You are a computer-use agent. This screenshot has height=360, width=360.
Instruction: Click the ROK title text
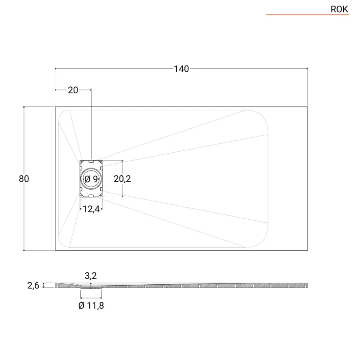tap(339, 9)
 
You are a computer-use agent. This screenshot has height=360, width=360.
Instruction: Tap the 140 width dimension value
tap(181, 69)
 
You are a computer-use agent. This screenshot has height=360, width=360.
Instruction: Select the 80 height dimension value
tap(24, 179)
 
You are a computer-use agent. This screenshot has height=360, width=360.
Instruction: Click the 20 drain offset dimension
tap(73, 90)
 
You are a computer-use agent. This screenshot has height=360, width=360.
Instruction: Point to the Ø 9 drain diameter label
tap(91, 179)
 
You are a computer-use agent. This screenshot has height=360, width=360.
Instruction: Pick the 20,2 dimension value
tap(122, 179)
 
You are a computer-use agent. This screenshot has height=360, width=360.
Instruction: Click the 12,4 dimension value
tap(91, 209)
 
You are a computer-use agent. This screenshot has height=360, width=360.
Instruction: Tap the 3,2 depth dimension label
tap(91, 276)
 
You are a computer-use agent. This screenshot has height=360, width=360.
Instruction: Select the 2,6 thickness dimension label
tap(33, 285)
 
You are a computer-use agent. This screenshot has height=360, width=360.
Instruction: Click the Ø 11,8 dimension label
tap(91, 306)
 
